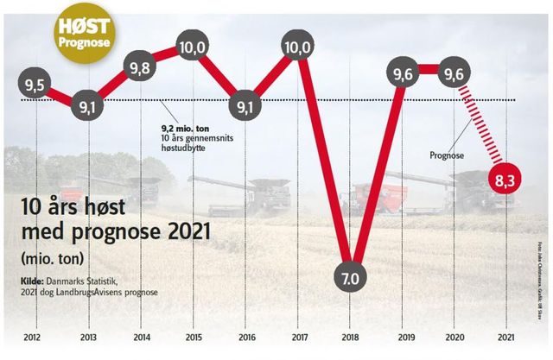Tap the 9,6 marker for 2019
tap(403, 75)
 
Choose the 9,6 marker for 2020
tap(454, 75)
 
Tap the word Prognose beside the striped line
tap(447, 156)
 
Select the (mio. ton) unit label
tap(53, 259)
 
